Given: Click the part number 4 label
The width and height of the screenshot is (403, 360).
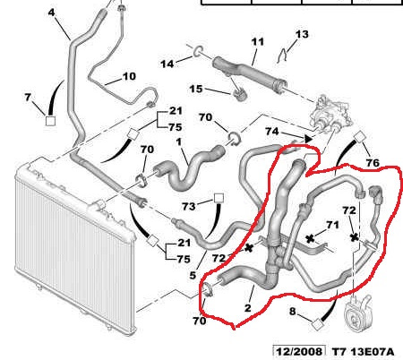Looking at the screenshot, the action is pyautogui.click(x=52, y=13).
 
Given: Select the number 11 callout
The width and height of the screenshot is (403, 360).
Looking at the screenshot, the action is pyautogui.click(x=258, y=42).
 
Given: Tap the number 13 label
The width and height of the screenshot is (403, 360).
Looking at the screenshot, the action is pyautogui.click(x=302, y=34).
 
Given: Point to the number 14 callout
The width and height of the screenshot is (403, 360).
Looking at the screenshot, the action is pyautogui.click(x=167, y=64).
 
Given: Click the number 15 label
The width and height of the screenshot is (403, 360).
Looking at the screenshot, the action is pyautogui.click(x=196, y=89).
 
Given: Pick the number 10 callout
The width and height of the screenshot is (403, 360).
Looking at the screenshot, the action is pyautogui.click(x=129, y=76).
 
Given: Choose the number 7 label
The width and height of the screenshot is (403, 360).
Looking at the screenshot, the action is pyautogui.click(x=28, y=97).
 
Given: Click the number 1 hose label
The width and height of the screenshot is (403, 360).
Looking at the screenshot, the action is pyautogui.click(x=178, y=141).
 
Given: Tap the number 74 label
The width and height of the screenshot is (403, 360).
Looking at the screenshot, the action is pyautogui.click(x=272, y=132).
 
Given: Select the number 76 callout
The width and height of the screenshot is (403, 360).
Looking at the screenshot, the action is pyautogui.click(x=373, y=163).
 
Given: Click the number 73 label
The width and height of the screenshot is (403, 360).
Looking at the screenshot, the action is pyautogui.click(x=189, y=206).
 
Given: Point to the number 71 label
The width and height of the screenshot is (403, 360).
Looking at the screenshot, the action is pyautogui.click(x=332, y=225).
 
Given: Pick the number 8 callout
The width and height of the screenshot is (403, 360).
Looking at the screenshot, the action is pyautogui.click(x=293, y=312).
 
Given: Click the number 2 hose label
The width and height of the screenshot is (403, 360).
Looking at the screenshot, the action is pyautogui.click(x=248, y=307).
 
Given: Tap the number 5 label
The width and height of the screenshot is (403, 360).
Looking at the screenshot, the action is pyautogui.click(x=193, y=275).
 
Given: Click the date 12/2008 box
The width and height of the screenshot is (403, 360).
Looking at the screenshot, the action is pyautogui.click(x=299, y=351).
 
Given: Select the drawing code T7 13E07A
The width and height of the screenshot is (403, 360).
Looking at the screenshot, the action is pyautogui.click(x=364, y=351).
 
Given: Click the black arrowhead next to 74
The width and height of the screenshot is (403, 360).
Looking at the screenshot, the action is pyautogui.click(x=308, y=139).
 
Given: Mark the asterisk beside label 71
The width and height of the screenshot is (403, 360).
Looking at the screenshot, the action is pyautogui.click(x=311, y=238).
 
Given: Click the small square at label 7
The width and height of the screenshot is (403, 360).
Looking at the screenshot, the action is pyautogui.click(x=50, y=121).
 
